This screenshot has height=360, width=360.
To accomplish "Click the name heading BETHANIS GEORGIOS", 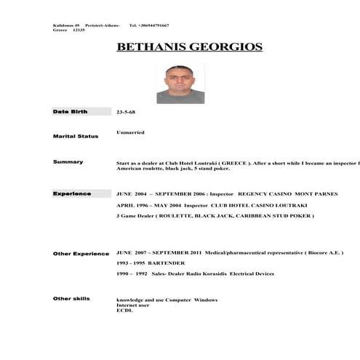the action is [189, 48].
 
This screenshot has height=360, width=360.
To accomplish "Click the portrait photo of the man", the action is [180, 84].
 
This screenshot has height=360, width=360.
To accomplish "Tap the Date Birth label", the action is [69, 112].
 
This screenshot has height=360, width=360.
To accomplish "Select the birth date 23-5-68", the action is [126, 112].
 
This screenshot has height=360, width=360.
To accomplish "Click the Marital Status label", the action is [76, 136].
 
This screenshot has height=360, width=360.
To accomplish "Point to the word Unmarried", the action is [130, 132].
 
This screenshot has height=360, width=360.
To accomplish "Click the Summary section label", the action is [68, 161].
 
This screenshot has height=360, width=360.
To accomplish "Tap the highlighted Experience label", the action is [72, 193].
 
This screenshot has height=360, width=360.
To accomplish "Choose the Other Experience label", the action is [81, 253].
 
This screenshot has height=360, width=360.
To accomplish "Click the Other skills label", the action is [71, 298].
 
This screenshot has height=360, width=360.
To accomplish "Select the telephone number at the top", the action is [149, 25].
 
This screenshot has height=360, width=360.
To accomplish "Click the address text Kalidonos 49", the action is [66, 25].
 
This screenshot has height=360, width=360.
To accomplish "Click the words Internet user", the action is [132, 305].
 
